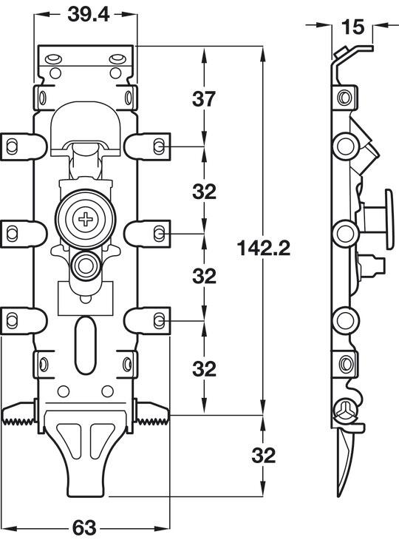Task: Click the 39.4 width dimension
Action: coord(89,15)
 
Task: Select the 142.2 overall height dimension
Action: coord(264,249)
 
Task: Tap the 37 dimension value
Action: coord(204,99)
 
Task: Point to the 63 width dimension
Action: coord(84,527)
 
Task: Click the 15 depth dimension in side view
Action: coord(353,27)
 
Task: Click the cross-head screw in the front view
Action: coord(85,219)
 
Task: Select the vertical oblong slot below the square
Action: coord(85,345)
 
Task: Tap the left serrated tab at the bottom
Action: coord(18,414)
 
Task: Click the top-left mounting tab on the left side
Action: coord(24,146)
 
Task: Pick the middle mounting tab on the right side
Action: coord(147,234)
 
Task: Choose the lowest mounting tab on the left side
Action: coord(24,320)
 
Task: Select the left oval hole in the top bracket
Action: coord(54,58)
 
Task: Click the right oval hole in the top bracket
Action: coord(117,58)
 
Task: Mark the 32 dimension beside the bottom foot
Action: coord(264,455)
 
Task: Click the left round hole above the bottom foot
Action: coord(64,391)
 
